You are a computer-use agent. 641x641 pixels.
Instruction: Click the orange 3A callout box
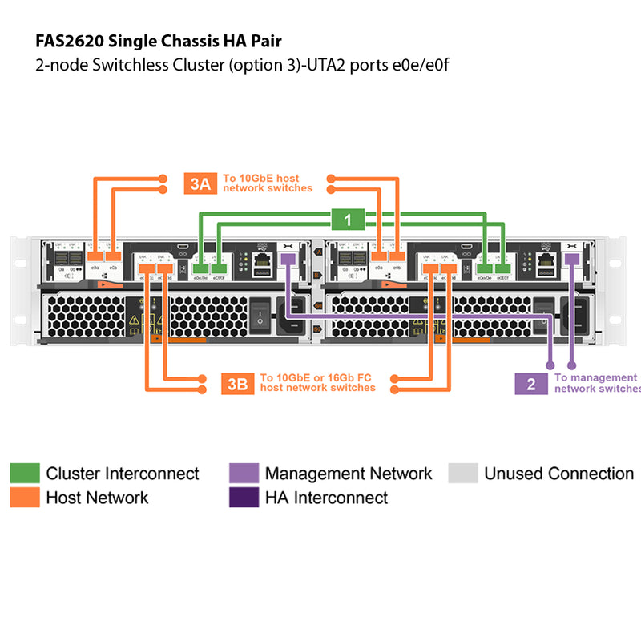click(x=200, y=183)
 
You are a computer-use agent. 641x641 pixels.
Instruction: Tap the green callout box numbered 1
click(x=347, y=218)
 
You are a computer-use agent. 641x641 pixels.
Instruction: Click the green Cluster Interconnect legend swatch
click(x=24, y=474)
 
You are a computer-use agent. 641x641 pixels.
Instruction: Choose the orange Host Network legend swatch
click(x=24, y=498)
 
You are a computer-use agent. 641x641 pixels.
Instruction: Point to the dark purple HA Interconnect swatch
click(x=244, y=498)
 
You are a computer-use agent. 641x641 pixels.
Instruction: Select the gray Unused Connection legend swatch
click(x=462, y=474)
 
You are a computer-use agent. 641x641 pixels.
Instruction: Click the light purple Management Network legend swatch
click(x=244, y=474)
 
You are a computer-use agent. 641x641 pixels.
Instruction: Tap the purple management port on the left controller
click(x=288, y=259)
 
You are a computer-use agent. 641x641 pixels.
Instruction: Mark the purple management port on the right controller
click(x=571, y=259)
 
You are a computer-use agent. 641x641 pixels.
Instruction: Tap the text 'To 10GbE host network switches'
click(x=268, y=183)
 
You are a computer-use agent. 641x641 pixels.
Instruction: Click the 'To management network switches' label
click(x=597, y=382)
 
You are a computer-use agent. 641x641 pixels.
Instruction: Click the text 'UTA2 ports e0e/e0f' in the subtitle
click(x=388, y=65)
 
